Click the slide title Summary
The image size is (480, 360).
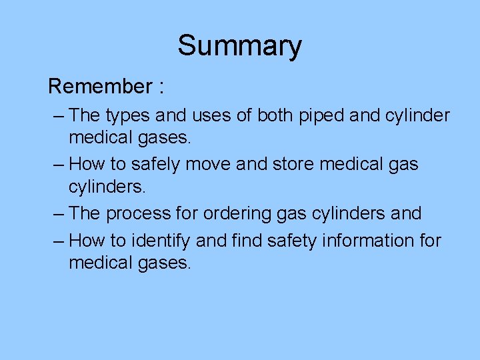click(239, 46)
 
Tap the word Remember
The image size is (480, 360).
click(100, 87)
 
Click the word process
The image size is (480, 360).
click(140, 214)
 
